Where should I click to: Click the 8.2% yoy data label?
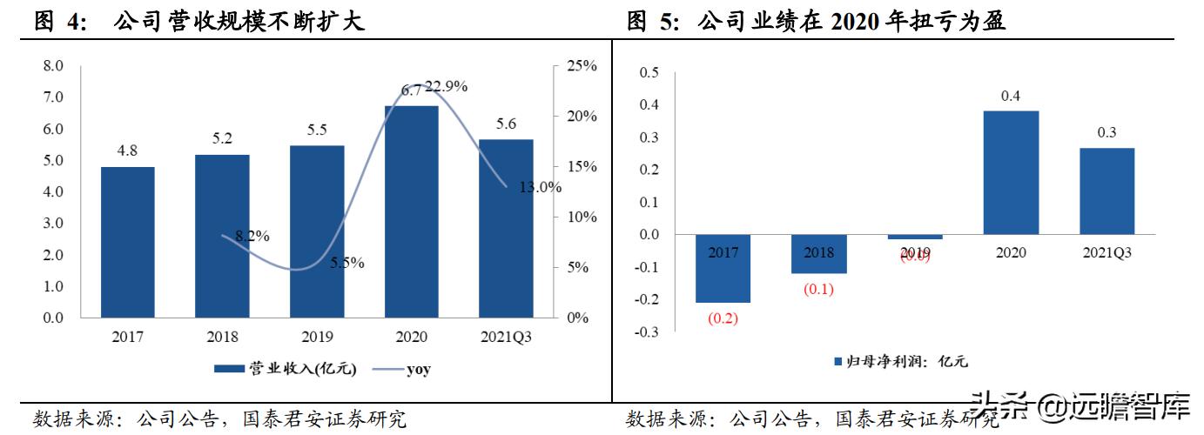pyautogui.click(x=252, y=235)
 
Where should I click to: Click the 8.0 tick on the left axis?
pyautogui.click(x=53, y=66)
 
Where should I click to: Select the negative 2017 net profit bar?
pyautogui.click(x=723, y=269)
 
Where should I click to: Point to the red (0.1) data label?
pyautogui.click(x=818, y=290)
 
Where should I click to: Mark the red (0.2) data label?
pyautogui.click(x=723, y=318)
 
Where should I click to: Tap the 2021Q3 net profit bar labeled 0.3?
pyautogui.click(x=1106, y=191)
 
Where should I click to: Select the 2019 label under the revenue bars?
pyautogui.click(x=317, y=336)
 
